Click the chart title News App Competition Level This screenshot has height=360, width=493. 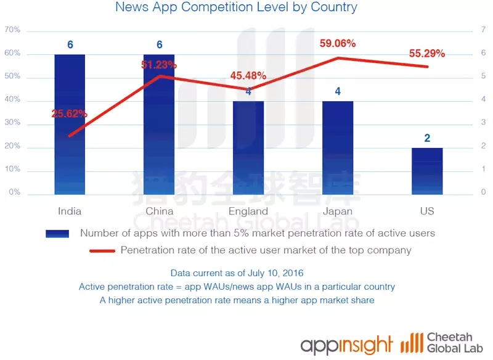point(236,8)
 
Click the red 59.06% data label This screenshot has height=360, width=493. point(338,44)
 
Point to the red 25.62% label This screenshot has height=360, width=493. point(70,113)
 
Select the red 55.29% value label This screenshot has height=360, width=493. point(427,54)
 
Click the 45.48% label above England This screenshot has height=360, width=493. point(248,76)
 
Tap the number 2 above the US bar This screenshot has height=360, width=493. point(427,138)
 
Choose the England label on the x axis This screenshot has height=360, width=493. point(248,211)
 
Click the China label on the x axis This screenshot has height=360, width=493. point(159,211)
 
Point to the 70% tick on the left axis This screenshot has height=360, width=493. point(12,30)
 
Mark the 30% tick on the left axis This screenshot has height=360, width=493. point(12,123)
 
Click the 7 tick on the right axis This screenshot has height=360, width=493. point(483,30)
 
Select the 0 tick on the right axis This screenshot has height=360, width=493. point(483,192)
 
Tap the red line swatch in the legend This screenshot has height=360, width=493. point(102,251)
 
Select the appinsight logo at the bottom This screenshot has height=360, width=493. point(346,344)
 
